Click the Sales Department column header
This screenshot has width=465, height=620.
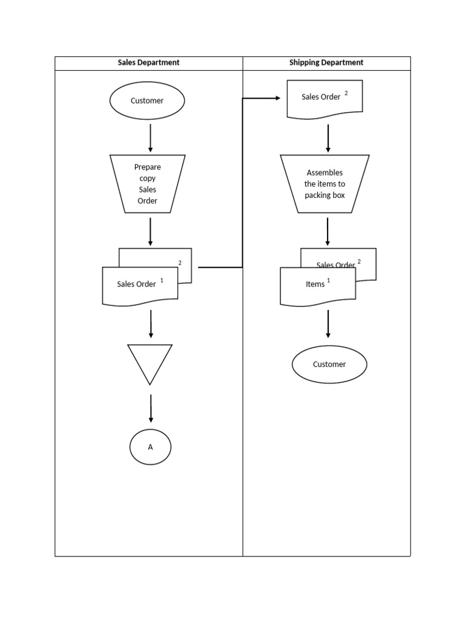coord(148,63)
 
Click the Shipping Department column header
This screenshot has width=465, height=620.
coord(326,63)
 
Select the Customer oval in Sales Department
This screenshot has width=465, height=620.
coord(147,101)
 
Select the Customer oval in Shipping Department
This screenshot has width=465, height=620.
coord(329,364)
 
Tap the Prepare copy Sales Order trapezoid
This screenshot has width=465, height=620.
coord(148,183)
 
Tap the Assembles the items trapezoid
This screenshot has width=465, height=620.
coord(325,183)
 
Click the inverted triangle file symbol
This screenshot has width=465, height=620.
coord(150,361)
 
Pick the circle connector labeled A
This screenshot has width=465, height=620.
coord(150,447)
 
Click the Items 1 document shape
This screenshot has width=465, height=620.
coord(317,285)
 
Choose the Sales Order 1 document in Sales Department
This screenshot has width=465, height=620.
coord(140,285)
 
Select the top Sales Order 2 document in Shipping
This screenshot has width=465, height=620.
coord(325,98)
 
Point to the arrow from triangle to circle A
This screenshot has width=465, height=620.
coord(151,409)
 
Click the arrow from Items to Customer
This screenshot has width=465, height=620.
coord(328,324)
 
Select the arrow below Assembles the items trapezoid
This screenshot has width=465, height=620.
coord(328,231)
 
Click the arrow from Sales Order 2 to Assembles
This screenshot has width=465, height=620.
coord(328,139)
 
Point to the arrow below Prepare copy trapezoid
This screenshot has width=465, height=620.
coord(151,231)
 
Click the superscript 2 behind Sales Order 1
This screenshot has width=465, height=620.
coord(180,262)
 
